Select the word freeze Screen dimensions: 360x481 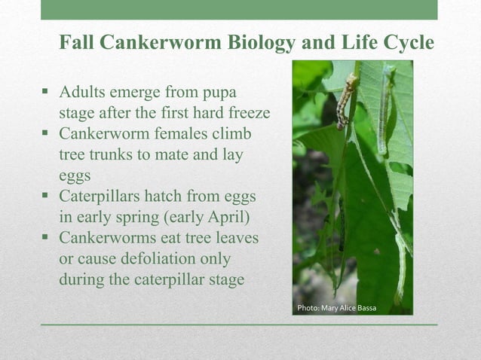tap(245, 114)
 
